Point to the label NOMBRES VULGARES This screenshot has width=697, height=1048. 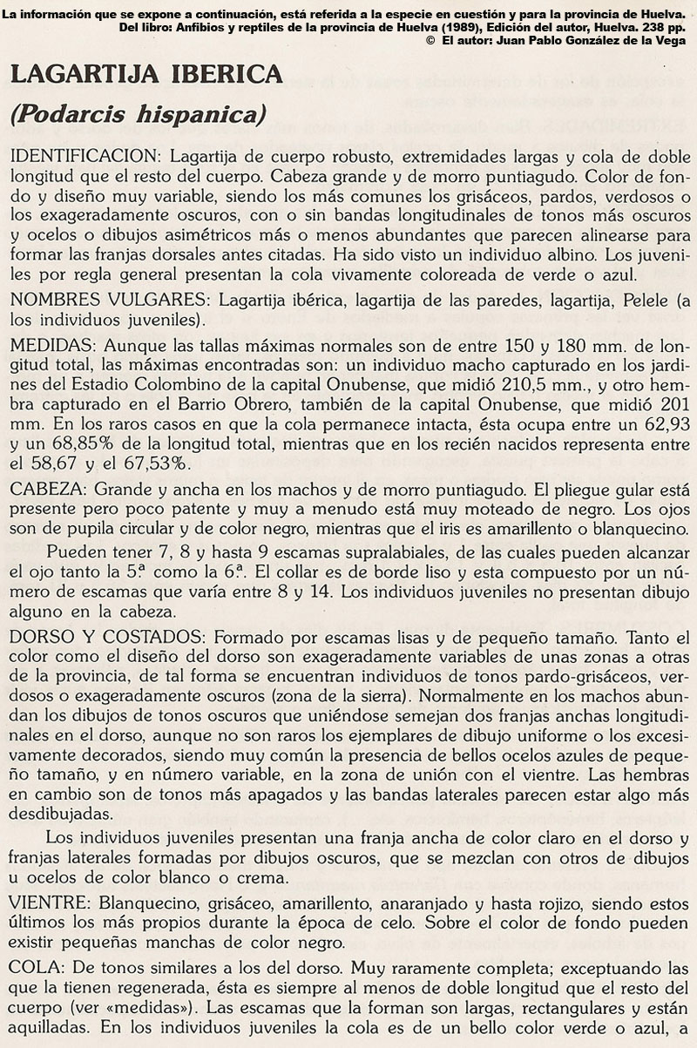point(111,301)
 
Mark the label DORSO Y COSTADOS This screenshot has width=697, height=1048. point(106,635)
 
